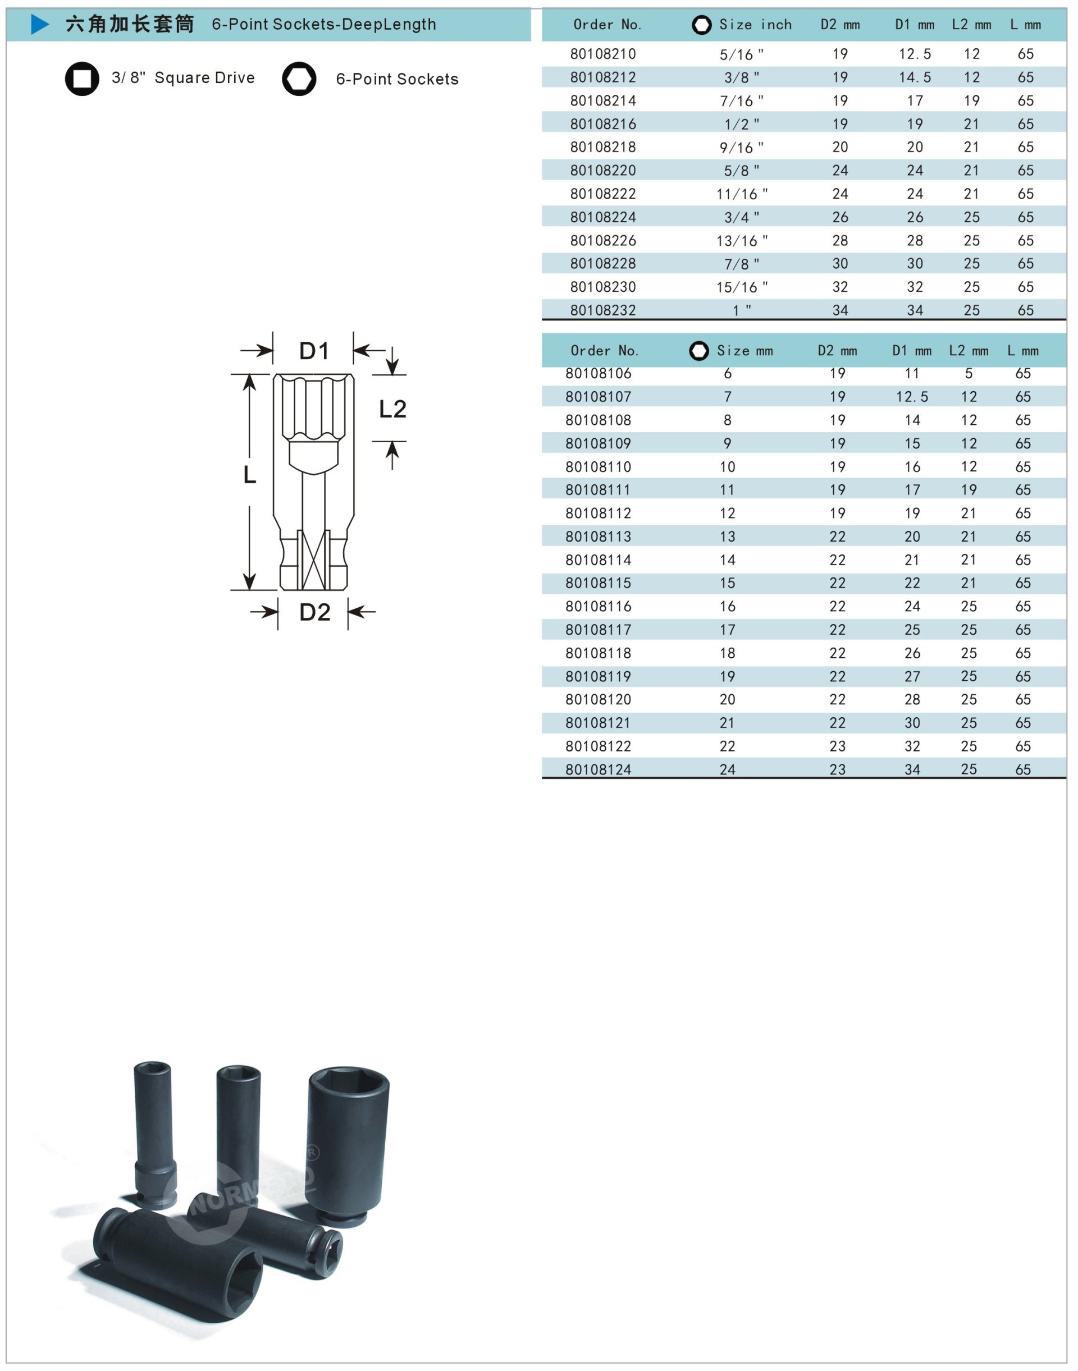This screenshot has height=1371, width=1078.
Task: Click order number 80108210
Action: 603,54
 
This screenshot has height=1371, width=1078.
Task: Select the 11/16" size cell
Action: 742,194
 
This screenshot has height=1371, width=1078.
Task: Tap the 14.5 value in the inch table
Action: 915,77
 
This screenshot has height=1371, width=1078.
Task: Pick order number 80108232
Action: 603,310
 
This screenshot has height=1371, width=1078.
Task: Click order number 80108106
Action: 599,374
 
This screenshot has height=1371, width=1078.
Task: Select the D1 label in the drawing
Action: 314,351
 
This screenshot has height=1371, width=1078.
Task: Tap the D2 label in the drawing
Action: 314,612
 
